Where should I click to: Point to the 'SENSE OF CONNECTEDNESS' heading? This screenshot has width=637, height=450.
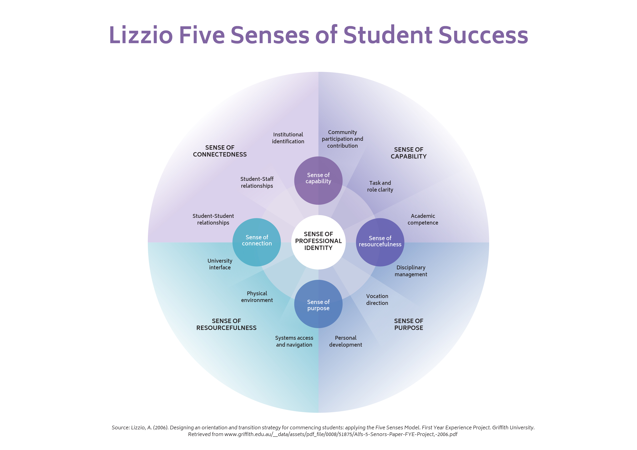(x=220, y=151)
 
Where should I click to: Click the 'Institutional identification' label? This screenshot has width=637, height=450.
(x=288, y=138)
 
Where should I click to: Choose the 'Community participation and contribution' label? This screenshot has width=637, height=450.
(x=342, y=139)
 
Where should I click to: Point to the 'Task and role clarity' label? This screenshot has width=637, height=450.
(x=380, y=186)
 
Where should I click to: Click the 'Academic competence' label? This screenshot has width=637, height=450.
(x=423, y=219)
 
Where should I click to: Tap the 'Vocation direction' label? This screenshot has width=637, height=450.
(x=377, y=299)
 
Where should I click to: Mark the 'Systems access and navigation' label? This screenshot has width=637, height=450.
(x=294, y=341)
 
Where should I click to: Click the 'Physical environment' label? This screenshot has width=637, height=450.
(x=257, y=297)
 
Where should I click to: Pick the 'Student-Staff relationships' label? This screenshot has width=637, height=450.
(x=257, y=182)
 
